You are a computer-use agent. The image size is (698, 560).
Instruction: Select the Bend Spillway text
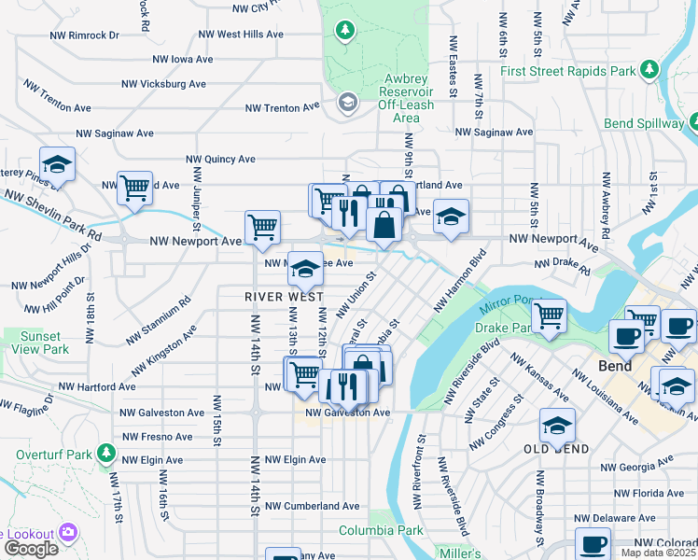644,123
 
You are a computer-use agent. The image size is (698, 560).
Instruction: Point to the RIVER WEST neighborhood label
285,296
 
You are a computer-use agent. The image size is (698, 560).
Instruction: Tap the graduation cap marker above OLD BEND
557,427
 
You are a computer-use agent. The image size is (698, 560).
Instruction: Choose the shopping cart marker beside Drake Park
550,315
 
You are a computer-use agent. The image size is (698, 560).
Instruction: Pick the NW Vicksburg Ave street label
165,84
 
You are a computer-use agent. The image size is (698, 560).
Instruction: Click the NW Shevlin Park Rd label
51,217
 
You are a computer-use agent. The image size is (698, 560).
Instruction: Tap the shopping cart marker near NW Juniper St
135,187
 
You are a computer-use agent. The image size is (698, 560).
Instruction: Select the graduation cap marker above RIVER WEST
305,269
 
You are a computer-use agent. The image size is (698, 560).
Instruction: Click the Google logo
31,548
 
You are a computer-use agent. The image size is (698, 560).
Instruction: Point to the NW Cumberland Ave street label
311,506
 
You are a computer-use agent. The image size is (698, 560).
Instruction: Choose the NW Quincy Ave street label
220,159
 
